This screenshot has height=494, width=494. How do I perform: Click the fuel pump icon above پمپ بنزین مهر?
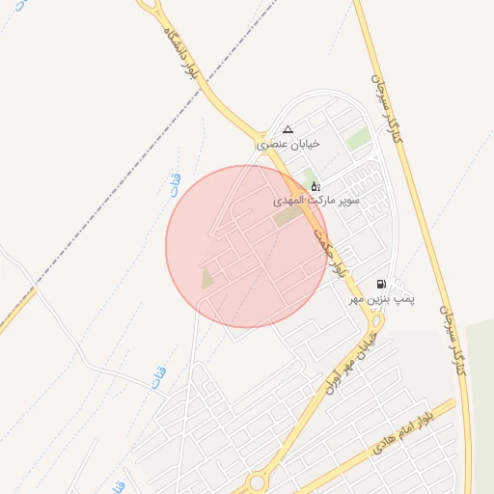382,285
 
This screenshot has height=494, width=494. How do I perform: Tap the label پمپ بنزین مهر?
382,301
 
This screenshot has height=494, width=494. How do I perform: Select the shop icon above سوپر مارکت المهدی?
315,185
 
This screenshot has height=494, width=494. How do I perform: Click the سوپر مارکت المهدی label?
315,200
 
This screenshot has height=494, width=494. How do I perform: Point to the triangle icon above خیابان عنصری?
287,129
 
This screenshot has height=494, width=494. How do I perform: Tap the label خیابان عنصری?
287,144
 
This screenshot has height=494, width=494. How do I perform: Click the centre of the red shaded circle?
247,246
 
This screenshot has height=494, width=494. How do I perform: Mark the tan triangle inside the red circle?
206,279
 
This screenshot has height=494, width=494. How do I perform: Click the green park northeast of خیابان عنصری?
358,139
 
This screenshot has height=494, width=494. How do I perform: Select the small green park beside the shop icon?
308,178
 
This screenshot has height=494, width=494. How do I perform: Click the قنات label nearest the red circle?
175,184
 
